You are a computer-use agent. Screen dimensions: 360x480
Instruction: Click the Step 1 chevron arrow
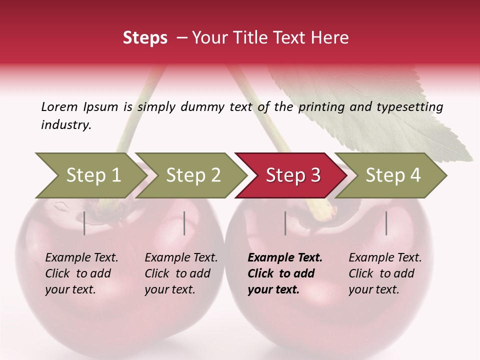(x=90, y=175)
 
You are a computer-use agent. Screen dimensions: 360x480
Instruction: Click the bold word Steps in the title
(x=145, y=38)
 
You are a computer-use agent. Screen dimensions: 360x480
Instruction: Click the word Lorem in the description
(x=59, y=106)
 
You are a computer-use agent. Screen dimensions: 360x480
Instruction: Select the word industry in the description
(x=66, y=125)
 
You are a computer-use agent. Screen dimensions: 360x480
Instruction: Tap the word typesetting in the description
(x=409, y=106)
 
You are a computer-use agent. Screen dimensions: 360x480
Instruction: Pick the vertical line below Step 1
(x=84, y=223)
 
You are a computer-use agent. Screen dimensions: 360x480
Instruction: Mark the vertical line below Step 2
(x=184, y=223)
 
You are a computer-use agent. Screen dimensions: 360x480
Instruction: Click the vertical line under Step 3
(x=285, y=223)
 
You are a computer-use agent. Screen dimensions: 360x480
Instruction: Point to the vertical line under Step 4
(x=386, y=223)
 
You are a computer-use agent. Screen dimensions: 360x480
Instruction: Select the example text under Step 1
(x=81, y=273)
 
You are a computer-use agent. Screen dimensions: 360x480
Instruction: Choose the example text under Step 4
(x=385, y=273)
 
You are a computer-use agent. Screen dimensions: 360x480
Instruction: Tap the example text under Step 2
(x=181, y=273)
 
